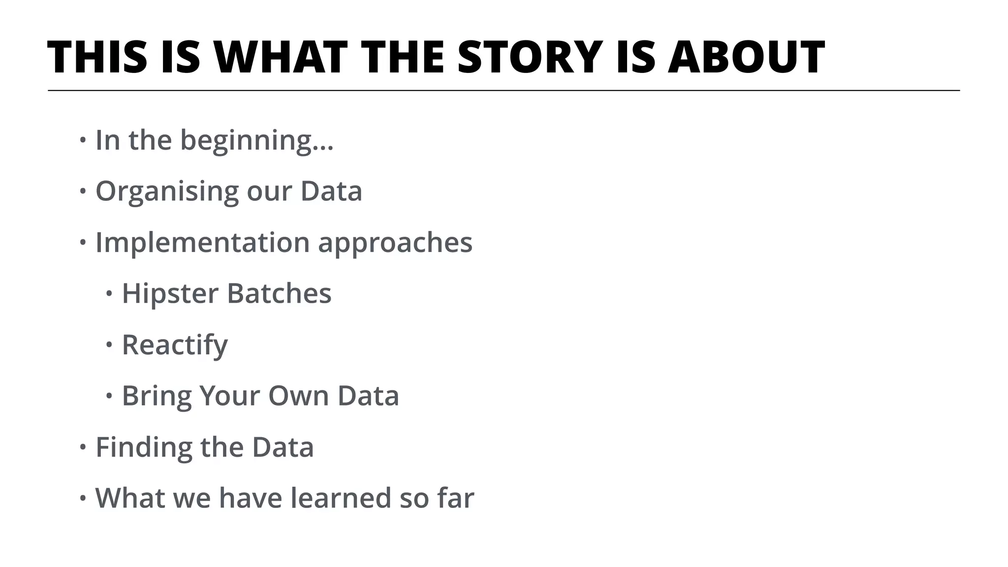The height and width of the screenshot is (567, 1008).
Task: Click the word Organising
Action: pyautogui.click(x=167, y=192)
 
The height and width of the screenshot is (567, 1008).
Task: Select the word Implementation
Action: pyautogui.click(x=202, y=243)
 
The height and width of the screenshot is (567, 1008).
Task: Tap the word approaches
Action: pyautogui.click(x=395, y=243)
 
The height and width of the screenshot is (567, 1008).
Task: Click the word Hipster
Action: pyautogui.click(x=170, y=293)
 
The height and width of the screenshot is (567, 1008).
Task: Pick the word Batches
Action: pyautogui.click(x=279, y=293)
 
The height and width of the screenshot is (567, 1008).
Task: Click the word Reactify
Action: pyautogui.click(x=175, y=345)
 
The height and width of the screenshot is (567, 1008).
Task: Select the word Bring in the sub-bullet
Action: pyautogui.click(x=157, y=396)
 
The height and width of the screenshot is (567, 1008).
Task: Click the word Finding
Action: pyautogui.click(x=144, y=447)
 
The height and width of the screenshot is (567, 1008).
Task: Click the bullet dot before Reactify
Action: pyautogui.click(x=109, y=345)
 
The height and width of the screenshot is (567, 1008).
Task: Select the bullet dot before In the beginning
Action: pyautogui.click(x=83, y=141)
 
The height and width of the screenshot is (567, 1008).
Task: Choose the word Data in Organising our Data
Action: pyautogui.click(x=331, y=191)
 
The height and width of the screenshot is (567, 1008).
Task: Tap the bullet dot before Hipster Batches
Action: pyautogui.click(x=109, y=294)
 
